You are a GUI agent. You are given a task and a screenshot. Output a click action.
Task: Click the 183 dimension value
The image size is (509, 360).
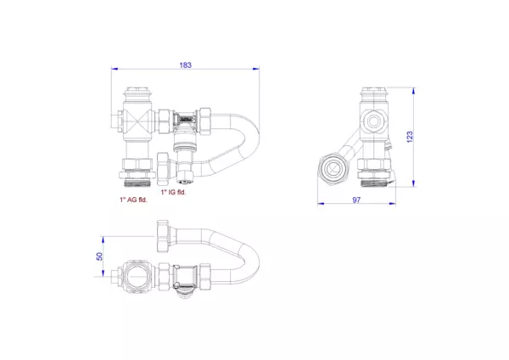[185, 65]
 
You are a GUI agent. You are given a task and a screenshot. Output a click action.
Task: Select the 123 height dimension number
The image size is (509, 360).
[409, 136]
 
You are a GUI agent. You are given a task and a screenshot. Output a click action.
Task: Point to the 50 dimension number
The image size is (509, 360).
[99, 255]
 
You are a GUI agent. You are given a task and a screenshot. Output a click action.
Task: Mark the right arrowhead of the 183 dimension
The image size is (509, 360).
[257, 71]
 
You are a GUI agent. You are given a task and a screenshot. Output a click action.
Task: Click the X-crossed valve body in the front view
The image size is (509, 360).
[137, 121]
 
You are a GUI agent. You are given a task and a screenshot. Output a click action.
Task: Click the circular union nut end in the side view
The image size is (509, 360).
[333, 168]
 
